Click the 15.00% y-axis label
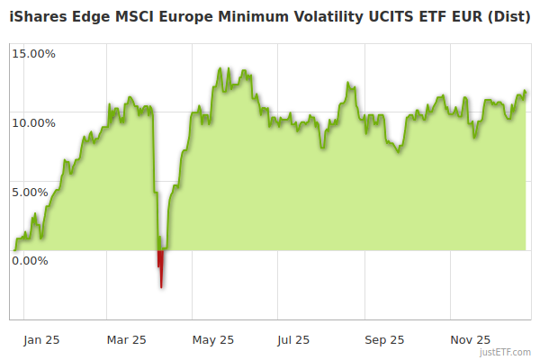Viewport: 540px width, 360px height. pos(33,53)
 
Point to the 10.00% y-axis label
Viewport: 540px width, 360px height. pos(33,122)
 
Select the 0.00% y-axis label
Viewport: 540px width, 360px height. pos(30,261)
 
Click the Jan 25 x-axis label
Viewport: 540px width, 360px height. pos(41,340)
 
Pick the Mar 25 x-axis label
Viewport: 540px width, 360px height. pos(126,340)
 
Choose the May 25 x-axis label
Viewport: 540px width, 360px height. pos(213,340)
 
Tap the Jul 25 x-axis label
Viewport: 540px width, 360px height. pos(293,340)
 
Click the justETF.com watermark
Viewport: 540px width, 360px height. pos(506,352)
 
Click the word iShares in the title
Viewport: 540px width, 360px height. pos(35,16)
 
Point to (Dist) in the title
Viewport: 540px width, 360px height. pos(508,16)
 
